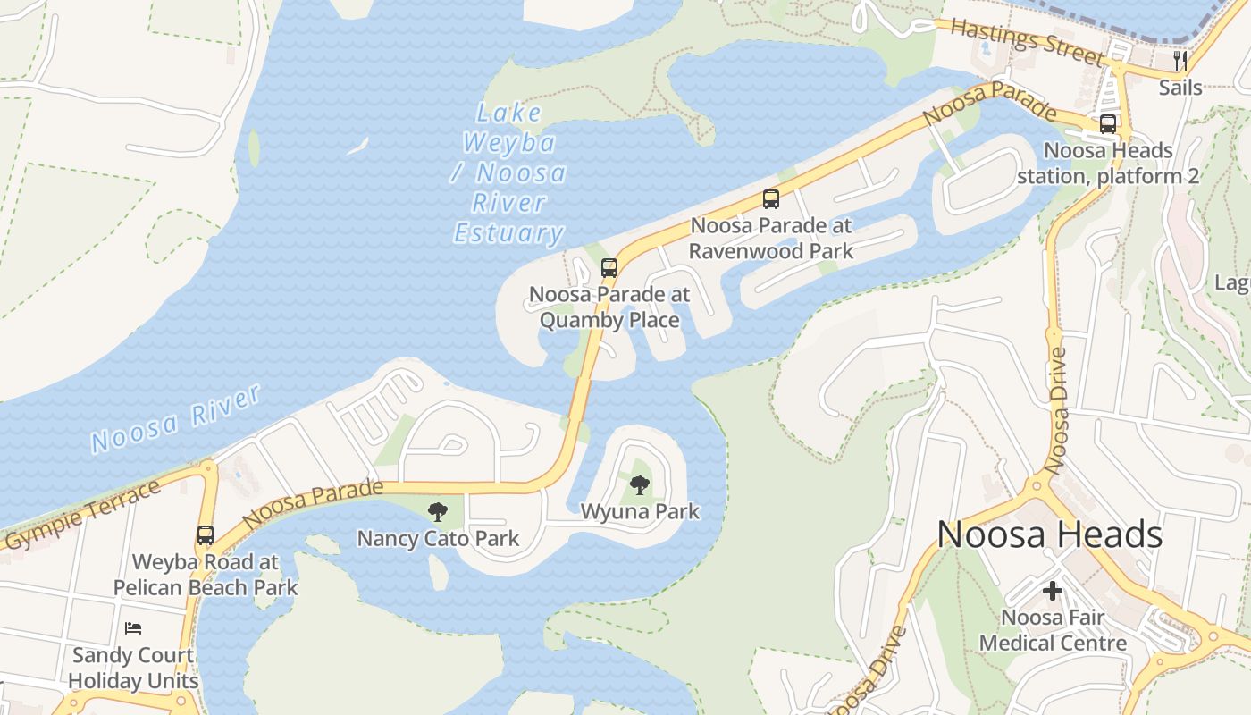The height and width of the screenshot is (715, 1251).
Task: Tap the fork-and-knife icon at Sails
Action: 1180,61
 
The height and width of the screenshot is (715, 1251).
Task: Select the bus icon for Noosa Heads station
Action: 1108,124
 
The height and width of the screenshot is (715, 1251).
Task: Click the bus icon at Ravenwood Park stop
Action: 771,199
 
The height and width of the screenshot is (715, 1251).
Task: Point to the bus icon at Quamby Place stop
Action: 609,268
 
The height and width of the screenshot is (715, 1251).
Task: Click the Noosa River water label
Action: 175,418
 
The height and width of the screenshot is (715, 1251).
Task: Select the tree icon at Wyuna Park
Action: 640,485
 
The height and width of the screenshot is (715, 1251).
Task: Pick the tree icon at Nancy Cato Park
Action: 438,512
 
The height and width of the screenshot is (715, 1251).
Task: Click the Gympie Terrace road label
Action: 82,517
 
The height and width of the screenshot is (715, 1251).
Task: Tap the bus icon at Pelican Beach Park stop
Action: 206,535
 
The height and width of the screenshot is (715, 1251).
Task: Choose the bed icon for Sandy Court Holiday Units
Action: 133,628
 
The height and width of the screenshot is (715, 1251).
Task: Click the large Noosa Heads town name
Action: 1049,534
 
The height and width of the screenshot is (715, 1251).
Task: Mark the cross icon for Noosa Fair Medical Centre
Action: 1053,591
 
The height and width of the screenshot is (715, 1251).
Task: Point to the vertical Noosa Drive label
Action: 1056,411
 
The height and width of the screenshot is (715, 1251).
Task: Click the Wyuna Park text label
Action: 640,512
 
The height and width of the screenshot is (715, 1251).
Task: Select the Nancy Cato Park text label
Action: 438,539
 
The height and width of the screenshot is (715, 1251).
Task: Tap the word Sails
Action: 1180,88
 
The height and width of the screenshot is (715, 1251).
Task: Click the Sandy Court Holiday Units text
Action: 133,668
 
